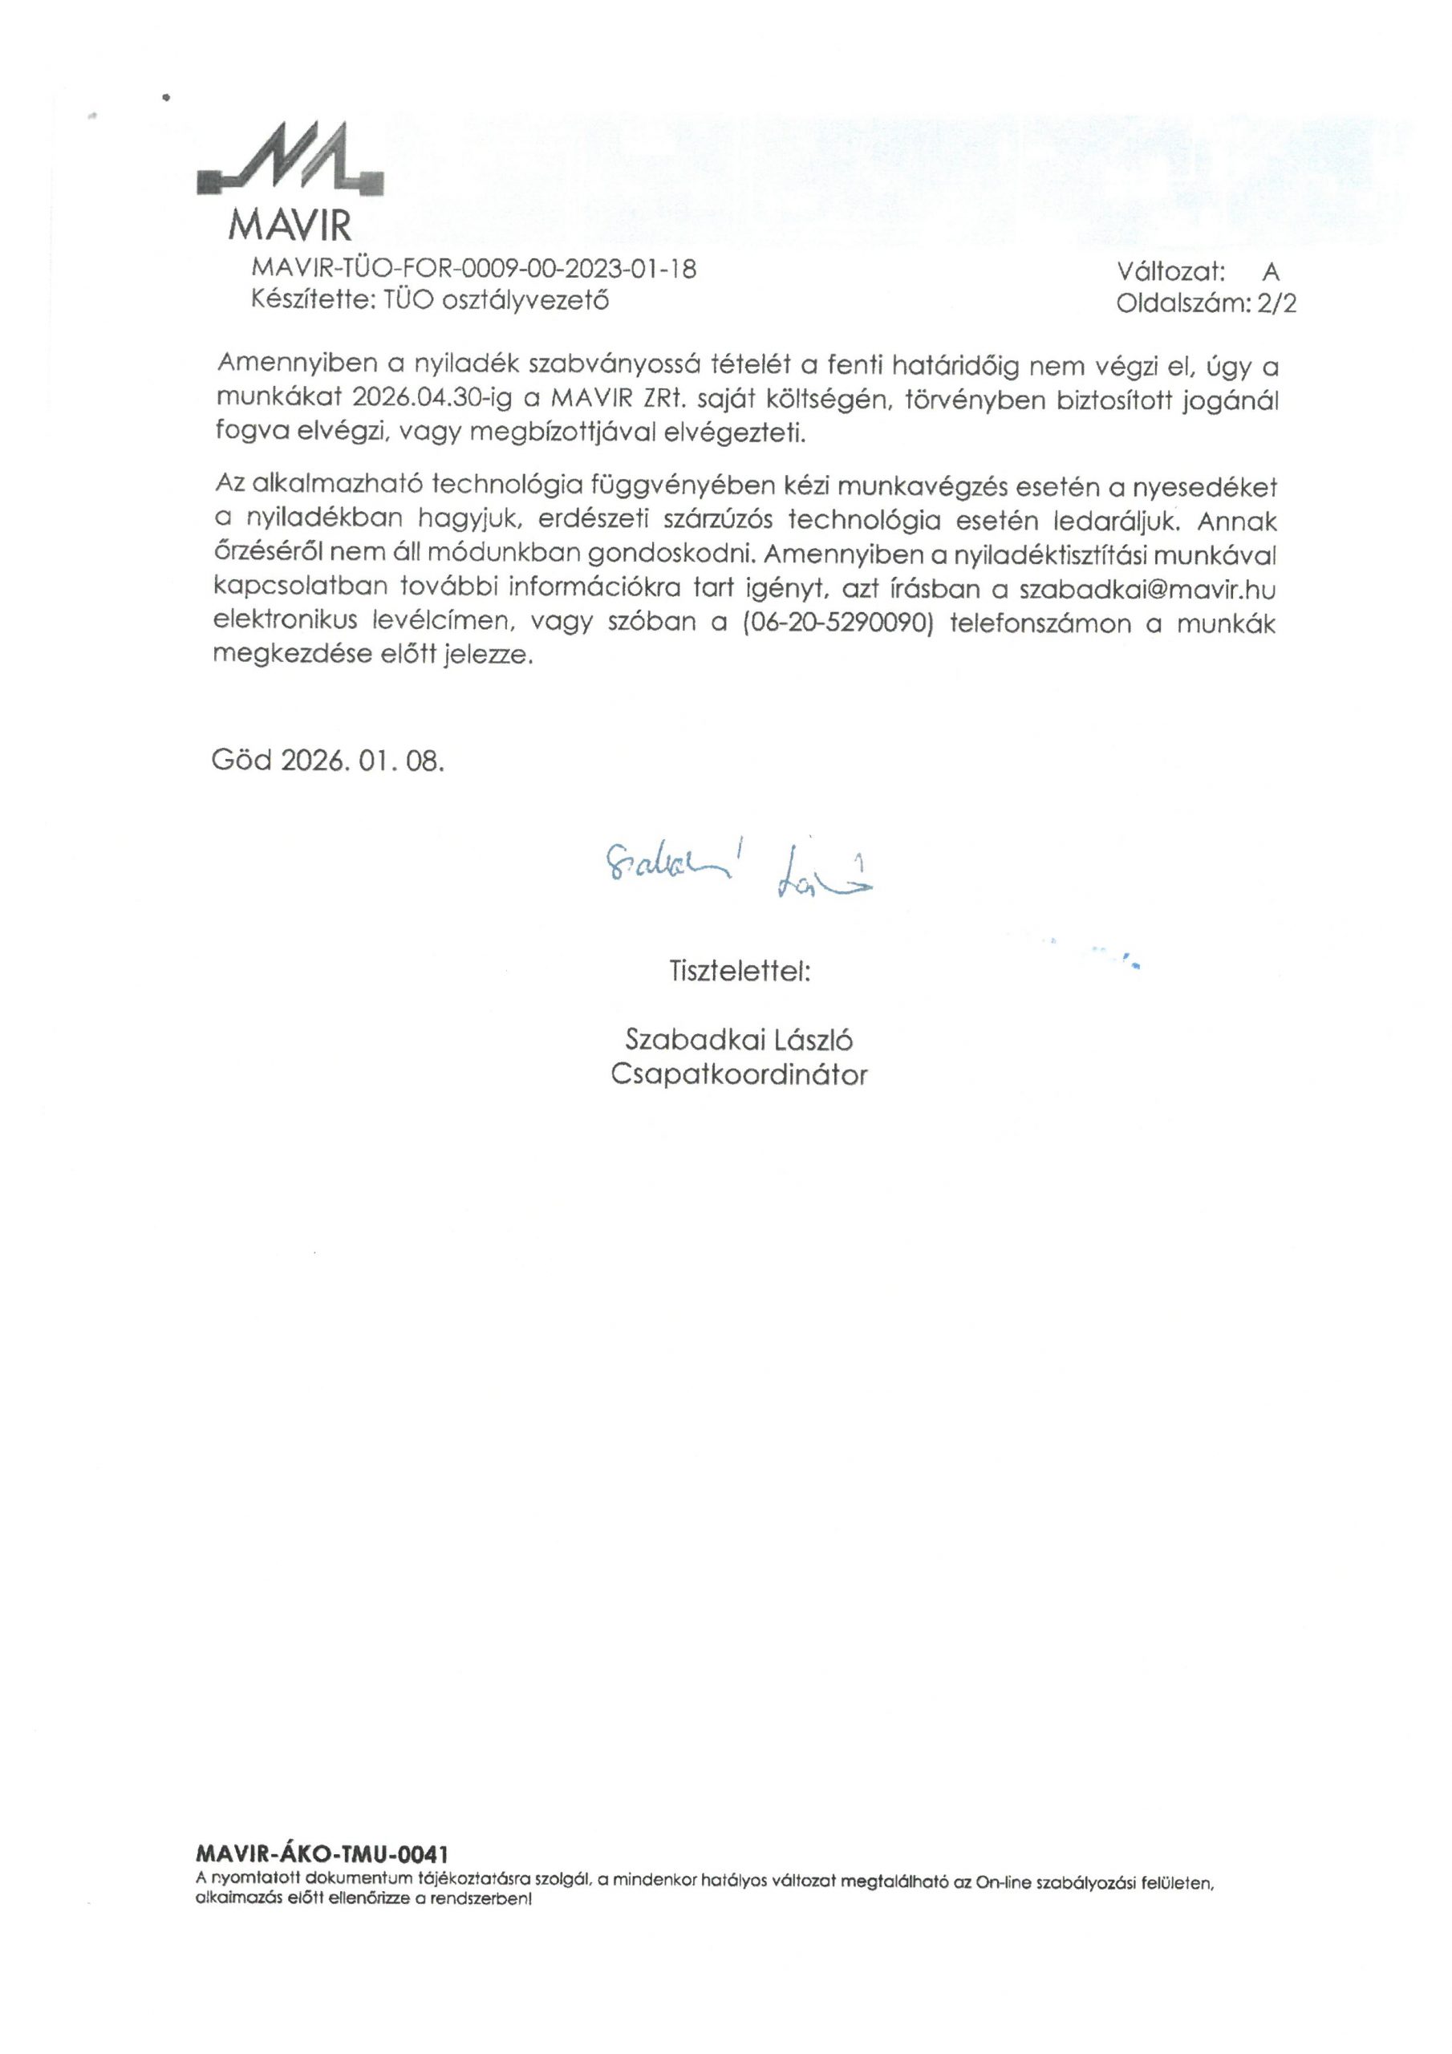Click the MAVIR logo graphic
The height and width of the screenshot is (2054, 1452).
point(290,162)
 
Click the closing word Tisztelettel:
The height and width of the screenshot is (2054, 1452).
point(739,970)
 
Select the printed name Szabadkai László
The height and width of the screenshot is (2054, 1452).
point(739,1040)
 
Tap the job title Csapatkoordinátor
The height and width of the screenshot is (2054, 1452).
point(739,1074)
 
